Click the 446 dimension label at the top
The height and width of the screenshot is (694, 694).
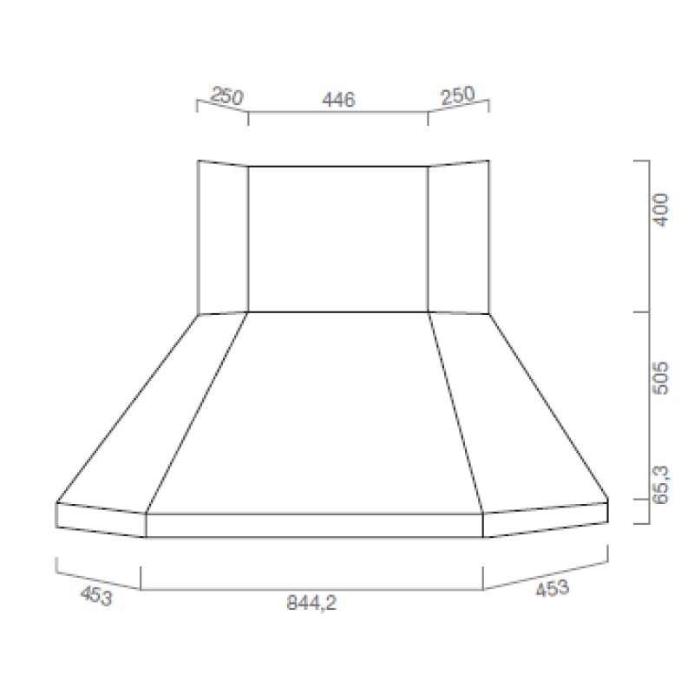338,101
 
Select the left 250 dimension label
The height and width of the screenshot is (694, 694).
226,96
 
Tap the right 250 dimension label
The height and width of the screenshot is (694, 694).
457,95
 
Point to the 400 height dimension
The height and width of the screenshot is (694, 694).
661,209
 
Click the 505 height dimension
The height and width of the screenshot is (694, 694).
661,376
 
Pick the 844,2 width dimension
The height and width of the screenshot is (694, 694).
312,605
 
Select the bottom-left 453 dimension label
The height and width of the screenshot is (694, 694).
96,596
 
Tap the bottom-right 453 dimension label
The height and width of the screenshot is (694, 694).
552,588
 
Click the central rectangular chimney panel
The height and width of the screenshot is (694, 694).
338,238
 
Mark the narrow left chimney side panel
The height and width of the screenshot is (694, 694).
223,237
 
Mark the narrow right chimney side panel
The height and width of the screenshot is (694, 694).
458,237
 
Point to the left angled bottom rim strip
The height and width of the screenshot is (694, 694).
100,520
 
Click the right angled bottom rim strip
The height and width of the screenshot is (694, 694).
545,519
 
